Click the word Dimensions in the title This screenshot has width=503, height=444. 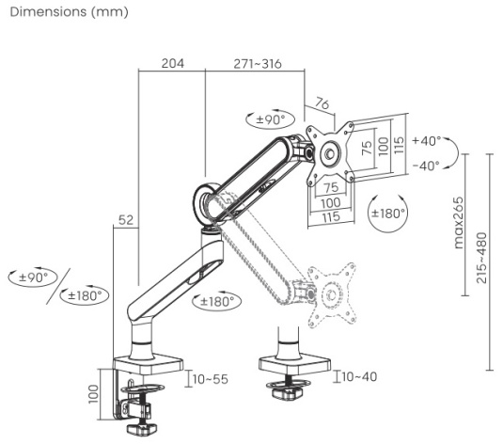coord(48,12)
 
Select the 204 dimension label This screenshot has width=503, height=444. coord(173,63)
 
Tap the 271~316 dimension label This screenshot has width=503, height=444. coord(258,64)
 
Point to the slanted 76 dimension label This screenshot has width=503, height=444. coord(322,103)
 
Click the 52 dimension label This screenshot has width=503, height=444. coord(126,220)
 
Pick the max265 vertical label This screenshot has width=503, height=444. coord(459,223)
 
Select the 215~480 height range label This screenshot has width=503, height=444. coord(481,258)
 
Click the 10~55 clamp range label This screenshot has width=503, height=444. coord(211,379)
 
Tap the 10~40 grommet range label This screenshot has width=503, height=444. coord(359,376)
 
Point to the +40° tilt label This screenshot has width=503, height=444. coord(427,140)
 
